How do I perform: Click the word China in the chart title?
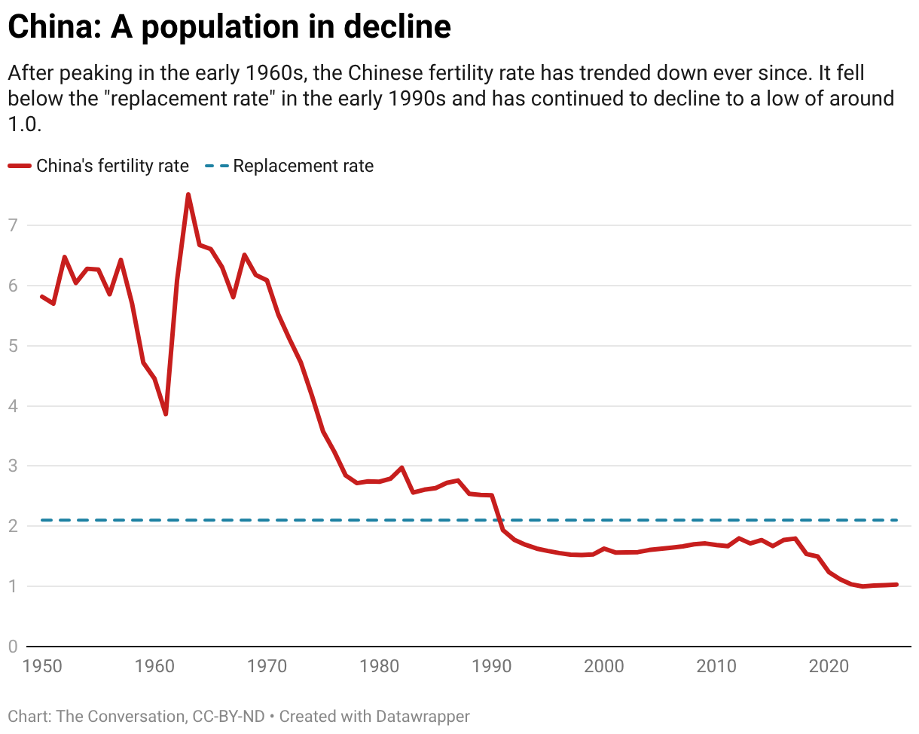[x=53, y=28]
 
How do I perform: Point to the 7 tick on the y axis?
[x=12, y=225]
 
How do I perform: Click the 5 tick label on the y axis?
[x=12, y=346]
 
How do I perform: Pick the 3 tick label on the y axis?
[x=12, y=466]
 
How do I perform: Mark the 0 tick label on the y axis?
[x=12, y=647]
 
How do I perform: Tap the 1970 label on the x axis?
[x=267, y=666]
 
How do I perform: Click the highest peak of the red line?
[x=188, y=194]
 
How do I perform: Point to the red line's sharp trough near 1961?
[x=166, y=414]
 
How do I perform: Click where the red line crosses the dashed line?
[x=499, y=520]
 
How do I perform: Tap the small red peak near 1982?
[x=402, y=467]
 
